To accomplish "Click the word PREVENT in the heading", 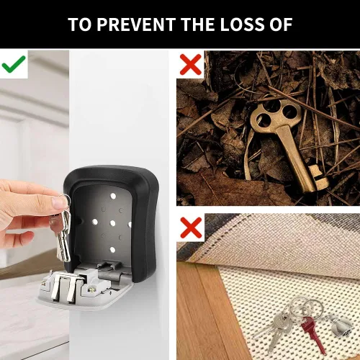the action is (x=136, y=24).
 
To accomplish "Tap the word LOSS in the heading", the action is (x=242, y=24).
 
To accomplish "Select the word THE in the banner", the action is (x=198, y=24).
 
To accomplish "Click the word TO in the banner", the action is (x=80, y=24).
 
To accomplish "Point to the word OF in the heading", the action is (x=281, y=24).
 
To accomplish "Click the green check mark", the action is (x=14, y=64).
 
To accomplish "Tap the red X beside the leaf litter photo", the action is (x=191, y=64).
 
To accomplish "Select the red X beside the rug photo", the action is (x=191, y=228).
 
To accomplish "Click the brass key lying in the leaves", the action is (x=288, y=142).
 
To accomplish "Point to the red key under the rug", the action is (x=312, y=333).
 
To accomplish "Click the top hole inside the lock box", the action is (x=113, y=196).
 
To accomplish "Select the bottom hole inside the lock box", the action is (x=112, y=250).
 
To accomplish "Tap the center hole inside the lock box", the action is (x=112, y=223).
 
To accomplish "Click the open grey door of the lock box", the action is (x=84, y=288).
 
